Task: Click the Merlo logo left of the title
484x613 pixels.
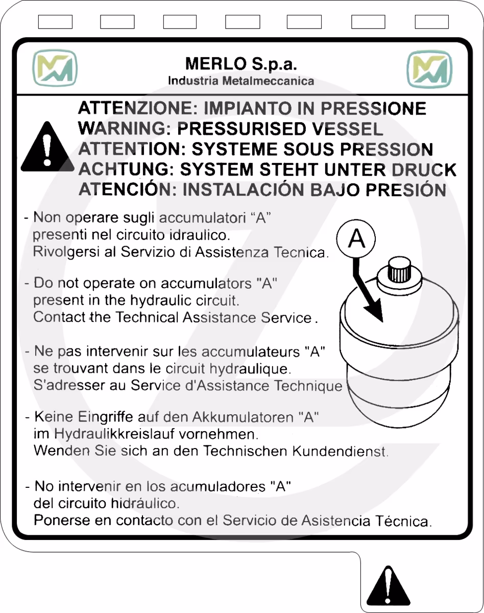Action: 55,68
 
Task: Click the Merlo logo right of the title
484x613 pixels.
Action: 429,69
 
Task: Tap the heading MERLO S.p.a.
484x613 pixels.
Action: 241,63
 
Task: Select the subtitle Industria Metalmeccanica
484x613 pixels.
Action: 241,81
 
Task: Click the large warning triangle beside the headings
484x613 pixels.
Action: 47,147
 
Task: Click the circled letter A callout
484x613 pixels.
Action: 356,239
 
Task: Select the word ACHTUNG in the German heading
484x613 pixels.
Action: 126,169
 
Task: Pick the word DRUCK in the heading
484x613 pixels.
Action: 424,170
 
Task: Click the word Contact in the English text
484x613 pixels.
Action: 60,317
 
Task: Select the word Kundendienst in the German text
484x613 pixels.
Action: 340,451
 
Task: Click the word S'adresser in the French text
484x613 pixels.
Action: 69,385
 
